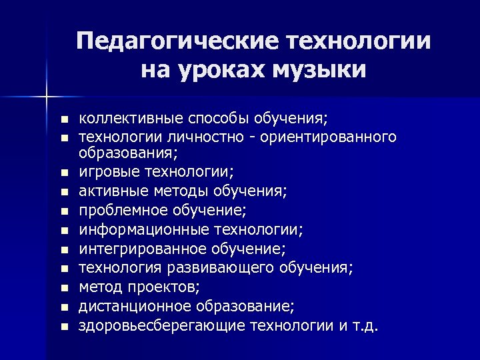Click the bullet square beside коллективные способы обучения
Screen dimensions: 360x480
[x=63, y=120]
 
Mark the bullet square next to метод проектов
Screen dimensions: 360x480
[x=63, y=288]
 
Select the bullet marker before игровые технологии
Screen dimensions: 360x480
[x=63, y=172]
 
